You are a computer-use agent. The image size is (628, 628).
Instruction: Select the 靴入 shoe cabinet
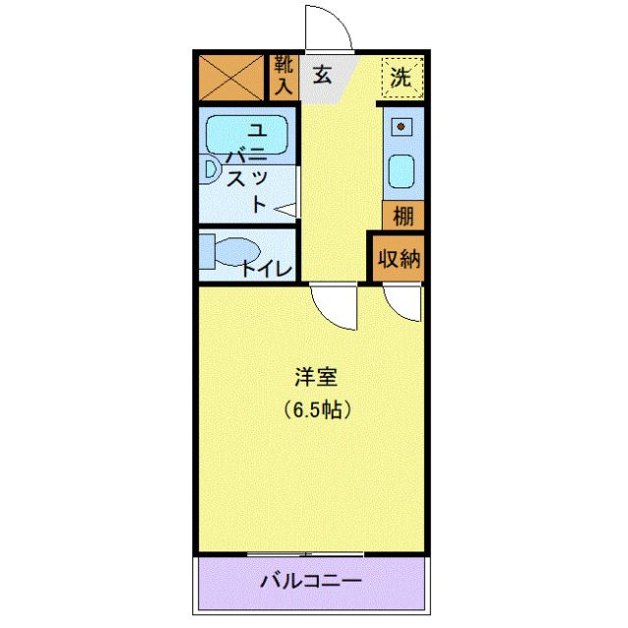pyautogui.click(x=283, y=77)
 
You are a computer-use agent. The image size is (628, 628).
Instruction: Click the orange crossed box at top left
pyautogui.click(x=233, y=77)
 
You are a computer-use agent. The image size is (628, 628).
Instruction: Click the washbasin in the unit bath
pyautogui.click(x=210, y=170)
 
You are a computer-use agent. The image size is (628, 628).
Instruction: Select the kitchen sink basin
pyautogui.click(x=401, y=172)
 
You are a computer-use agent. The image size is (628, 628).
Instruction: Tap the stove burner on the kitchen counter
pyautogui.click(x=401, y=128)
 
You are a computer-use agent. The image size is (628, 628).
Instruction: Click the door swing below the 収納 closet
pyautogui.click(x=403, y=304)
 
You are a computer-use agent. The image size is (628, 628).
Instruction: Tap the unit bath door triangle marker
pyautogui.click(x=286, y=209)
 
